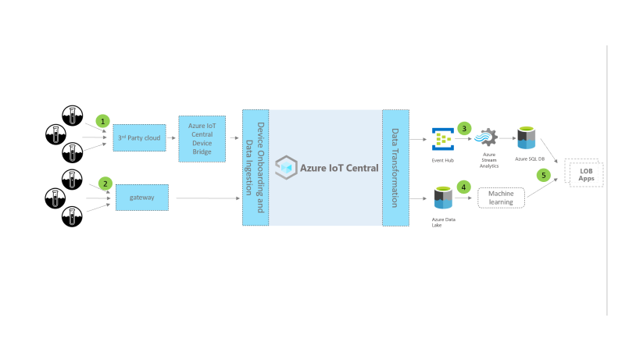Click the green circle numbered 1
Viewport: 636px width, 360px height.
click(x=102, y=121)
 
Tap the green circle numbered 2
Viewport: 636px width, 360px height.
click(x=105, y=184)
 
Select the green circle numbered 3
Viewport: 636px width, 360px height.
click(x=465, y=128)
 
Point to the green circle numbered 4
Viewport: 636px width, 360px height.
click(x=463, y=187)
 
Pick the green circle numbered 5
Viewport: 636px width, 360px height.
click(x=544, y=175)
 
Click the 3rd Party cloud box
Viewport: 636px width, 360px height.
click(x=139, y=138)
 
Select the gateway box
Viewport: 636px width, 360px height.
click(x=141, y=198)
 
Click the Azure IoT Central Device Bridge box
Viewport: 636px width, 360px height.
click(x=202, y=138)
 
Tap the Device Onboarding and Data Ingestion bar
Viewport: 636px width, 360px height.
click(x=255, y=167)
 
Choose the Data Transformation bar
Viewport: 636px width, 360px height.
click(x=395, y=167)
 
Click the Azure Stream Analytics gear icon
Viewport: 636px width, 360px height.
click(x=490, y=138)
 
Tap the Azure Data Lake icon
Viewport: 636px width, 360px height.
click(x=444, y=198)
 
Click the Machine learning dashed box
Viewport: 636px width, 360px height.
click(x=501, y=198)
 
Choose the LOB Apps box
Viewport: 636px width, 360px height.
click(x=585, y=174)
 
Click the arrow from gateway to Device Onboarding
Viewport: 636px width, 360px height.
click(x=208, y=198)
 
